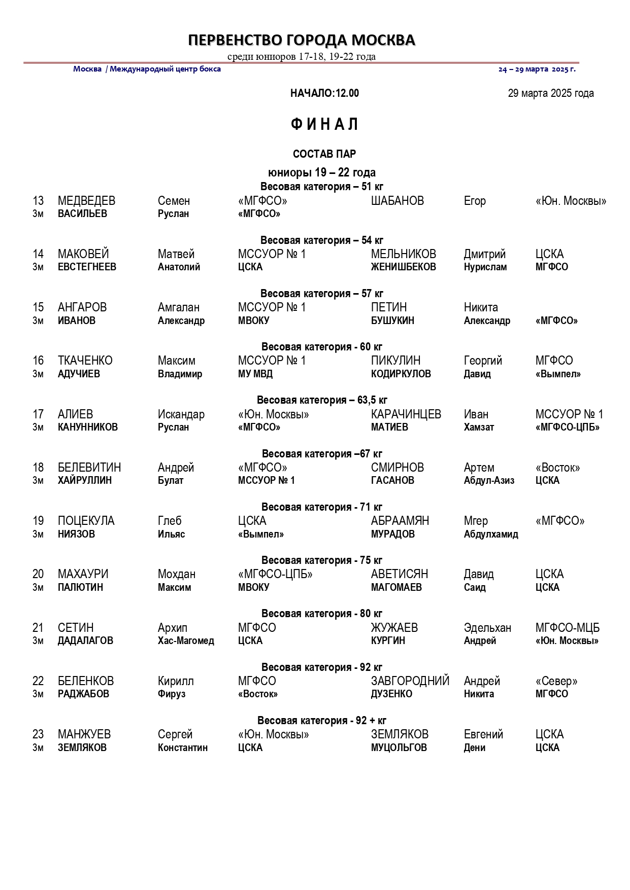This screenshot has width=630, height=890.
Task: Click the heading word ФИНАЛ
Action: pos(324,124)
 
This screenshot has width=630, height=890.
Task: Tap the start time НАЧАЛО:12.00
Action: pos(324,93)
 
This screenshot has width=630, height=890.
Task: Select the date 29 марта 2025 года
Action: pos(551,93)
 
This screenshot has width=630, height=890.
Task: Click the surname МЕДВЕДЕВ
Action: pos(86,201)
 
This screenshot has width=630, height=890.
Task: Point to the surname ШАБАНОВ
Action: pos(397,201)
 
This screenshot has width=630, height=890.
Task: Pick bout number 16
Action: pos(38,361)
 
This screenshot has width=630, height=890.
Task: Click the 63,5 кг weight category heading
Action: pos(322,400)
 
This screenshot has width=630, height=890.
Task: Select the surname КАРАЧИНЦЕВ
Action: pos(406,414)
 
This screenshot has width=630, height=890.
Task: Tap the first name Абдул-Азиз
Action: pos(489,480)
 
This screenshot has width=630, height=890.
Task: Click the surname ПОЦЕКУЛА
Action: pos(86,521)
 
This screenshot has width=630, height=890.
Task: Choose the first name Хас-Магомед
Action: pos(186,640)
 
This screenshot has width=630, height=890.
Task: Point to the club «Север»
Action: pos(556,681)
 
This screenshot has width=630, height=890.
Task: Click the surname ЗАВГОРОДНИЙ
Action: pos(410,681)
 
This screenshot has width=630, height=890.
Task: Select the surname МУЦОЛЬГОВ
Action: pos(399,747)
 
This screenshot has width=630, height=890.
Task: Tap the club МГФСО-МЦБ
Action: pos(567,628)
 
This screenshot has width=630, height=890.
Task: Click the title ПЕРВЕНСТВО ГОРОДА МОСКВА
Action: pos(302,40)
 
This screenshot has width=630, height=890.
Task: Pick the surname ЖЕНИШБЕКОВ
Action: pos(403,267)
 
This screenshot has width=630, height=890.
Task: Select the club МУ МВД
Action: pos(255,374)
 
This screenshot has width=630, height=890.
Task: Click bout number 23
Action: pos(38,734)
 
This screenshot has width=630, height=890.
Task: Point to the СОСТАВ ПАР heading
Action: pos(324,154)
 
